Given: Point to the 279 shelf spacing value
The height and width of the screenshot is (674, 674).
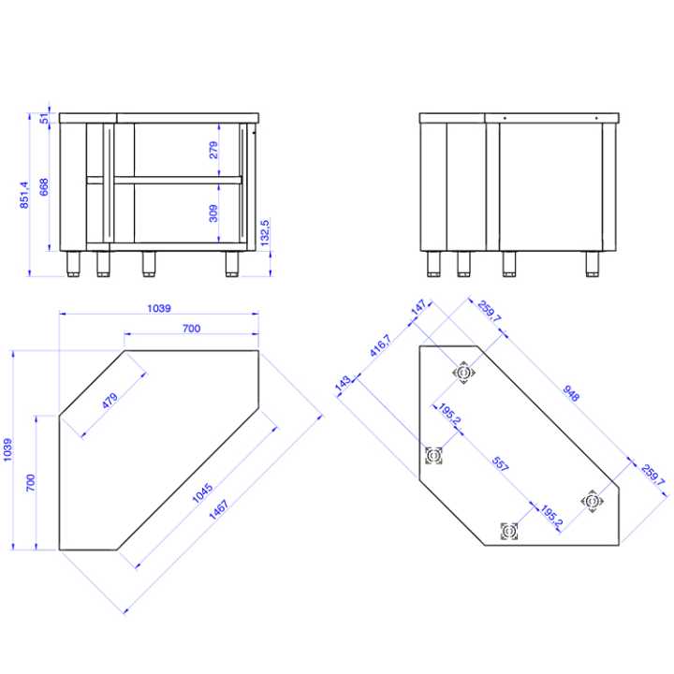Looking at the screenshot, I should (x=212, y=150).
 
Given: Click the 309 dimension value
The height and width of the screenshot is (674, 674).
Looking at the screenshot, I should (x=212, y=214).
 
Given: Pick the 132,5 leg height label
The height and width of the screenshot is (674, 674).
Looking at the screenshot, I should (x=266, y=233).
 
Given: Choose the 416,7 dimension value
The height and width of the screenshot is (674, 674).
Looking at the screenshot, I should (x=379, y=348).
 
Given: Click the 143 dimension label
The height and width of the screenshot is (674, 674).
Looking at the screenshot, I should (x=343, y=384).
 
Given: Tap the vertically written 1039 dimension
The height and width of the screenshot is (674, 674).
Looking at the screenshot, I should (x=8, y=450).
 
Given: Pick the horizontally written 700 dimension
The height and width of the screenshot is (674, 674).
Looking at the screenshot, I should (x=191, y=328).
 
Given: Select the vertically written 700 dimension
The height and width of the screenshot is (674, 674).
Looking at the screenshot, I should (x=30, y=483).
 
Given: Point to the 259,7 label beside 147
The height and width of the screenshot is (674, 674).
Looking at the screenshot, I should (x=490, y=312).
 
